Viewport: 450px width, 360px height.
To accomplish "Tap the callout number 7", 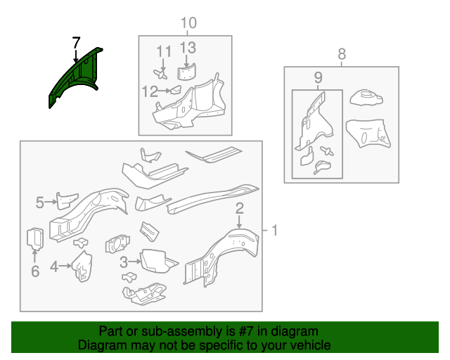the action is click(x=76, y=43).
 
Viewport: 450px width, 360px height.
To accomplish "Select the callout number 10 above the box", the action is click(x=188, y=23).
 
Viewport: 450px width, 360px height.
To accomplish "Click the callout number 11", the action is click(x=164, y=51).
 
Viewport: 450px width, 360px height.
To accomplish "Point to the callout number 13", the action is click(x=188, y=48).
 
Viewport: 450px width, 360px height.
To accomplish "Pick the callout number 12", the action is click(x=150, y=91).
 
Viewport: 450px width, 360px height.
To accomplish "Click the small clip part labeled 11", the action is click(x=160, y=74).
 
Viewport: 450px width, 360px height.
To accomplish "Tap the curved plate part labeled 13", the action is click(x=186, y=72).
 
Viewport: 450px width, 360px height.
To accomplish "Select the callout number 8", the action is click(x=342, y=54).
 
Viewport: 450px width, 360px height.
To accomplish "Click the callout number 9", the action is click(x=318, y=77).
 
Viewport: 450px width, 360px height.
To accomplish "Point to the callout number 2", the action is click(x=239, y=208).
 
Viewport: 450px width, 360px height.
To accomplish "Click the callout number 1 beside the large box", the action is click(x=275, y=230).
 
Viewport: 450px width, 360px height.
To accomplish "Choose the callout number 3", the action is click(x=124, y=262).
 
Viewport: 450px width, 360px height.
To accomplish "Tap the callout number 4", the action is click(x=54, y=266).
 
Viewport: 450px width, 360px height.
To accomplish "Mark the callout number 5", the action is click(x=40, y=202).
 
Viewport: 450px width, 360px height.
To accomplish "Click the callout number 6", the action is click(x=35, y=271).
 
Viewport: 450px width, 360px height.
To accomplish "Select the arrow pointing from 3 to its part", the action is click(x=134, y=262).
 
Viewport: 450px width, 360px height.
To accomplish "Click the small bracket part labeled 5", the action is click(x=67, y=200).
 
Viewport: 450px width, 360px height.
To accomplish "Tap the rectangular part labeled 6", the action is click(x=35, y=238).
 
